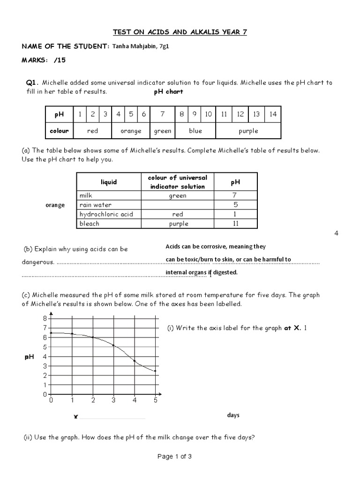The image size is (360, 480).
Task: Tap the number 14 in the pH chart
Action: [x=273, y=114]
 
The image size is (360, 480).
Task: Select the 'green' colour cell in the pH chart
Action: [x=163, y=131]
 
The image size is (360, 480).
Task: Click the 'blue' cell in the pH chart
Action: [x=195, y=131]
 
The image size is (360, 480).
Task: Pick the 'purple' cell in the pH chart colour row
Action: [x=248, y=131]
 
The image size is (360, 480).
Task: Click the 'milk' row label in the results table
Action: [x=86, y=195]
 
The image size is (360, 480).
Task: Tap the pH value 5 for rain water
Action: [x=236, y=205]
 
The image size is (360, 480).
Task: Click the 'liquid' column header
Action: [x=109, y=181]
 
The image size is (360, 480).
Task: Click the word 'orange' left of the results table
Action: [x=56, y=205]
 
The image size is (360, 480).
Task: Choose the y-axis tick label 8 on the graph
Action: [x=45, y=318]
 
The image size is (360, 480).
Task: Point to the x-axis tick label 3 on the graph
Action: [x=114, y=400]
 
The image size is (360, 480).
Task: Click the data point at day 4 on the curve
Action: [x=135, y=361]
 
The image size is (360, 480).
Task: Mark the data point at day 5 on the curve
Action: [x=155, y=371]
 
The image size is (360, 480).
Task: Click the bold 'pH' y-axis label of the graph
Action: [x=29, y=357]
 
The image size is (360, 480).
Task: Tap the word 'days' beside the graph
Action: [x=233, y=415]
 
